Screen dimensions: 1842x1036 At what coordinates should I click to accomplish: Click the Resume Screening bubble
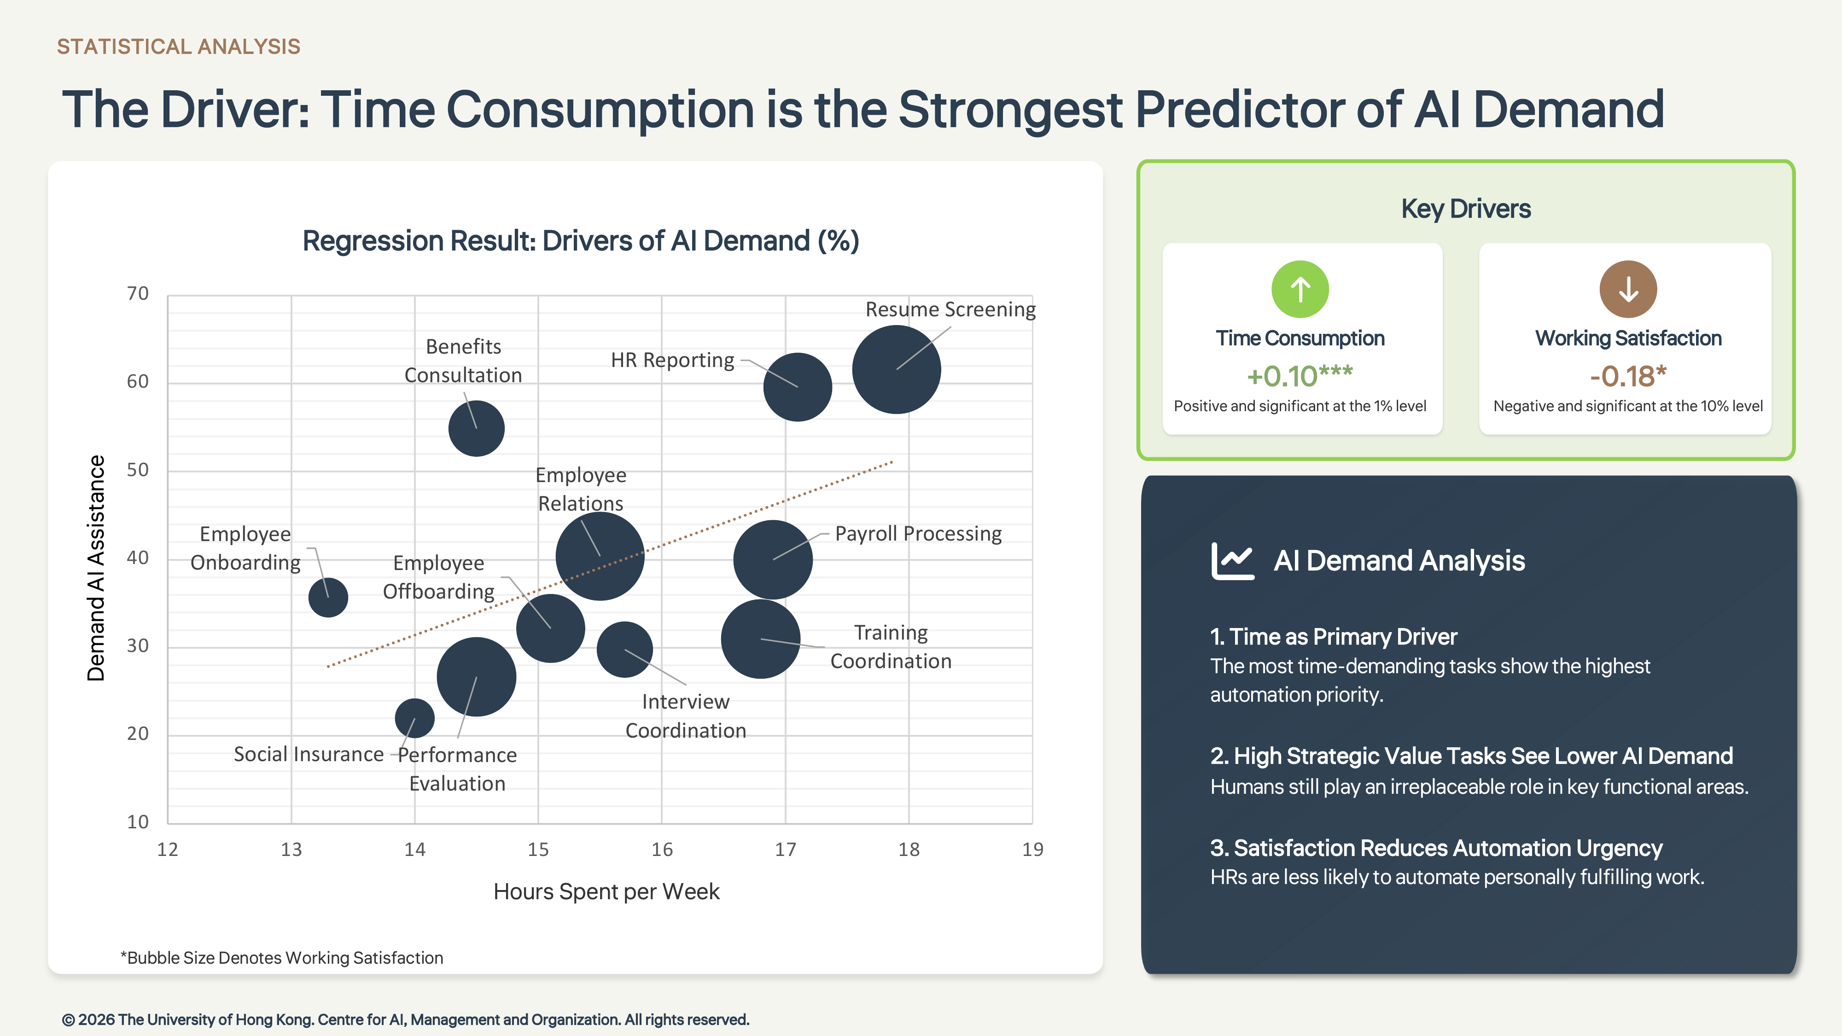pyautogui.click(x=896, y=370)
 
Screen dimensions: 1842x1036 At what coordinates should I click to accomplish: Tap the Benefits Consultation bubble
pyautogui.click(x=476, y=428)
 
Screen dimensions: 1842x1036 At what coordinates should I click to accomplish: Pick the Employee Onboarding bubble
pyautogui.click(x=328, y=597)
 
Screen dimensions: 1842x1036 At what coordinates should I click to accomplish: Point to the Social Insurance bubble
pyautogui.click(x=415, y=718)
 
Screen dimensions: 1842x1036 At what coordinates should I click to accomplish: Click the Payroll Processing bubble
pyautogui.click(x=773, y=559)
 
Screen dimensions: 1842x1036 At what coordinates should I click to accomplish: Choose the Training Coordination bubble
pyautogui.click(x=760, y=639)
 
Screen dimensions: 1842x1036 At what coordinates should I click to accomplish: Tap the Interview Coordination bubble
pyautogui.click(x=624, y=649)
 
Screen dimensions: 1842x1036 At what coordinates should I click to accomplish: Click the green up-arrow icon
pyautogui.click(x=1300, y=289)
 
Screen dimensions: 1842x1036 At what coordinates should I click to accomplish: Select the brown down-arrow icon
pyautogui.click(x=1628, y=289)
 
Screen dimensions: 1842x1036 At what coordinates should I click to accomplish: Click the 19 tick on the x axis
pyautogui.click(x=1032, y=850)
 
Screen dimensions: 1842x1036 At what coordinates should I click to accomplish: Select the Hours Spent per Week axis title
pyautogui.click(x=606, y=891)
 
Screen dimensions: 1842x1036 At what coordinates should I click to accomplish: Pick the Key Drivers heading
pyautogui.click(x=1466, y=209)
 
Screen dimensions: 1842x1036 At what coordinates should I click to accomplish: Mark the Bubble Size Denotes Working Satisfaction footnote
pyautogui.click(x=282, y=957)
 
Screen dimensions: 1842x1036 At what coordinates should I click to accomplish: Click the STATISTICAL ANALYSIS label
pyautogui.click(x=179, y=47)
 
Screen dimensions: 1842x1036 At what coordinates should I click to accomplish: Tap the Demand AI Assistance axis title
pyautogui.click(x=96, y=568)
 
